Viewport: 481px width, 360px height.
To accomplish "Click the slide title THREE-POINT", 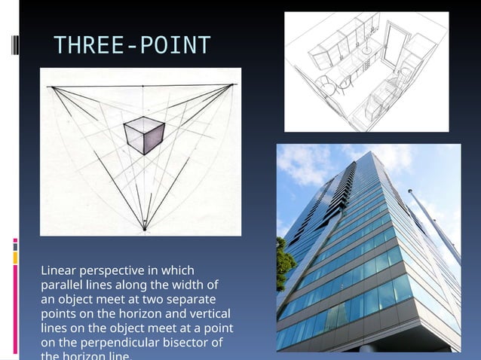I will (x=132, y=46).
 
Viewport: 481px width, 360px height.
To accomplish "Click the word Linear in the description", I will (x=60, y=270).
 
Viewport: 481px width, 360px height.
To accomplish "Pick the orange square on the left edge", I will (x=15, y=258).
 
